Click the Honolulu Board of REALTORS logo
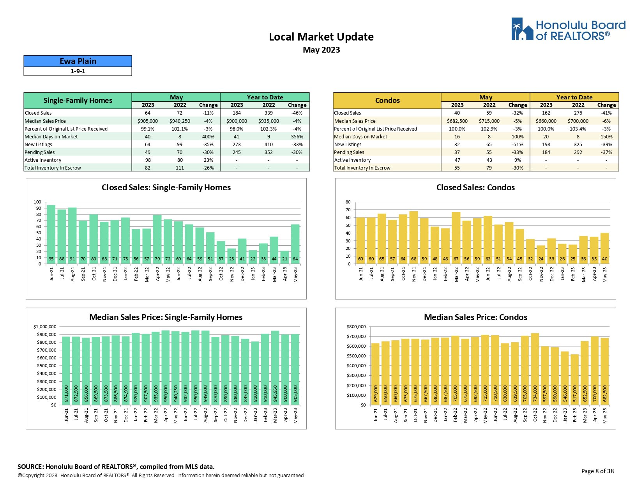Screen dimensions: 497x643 pyautogui.click(x=568, y=30)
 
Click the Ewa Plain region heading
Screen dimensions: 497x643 pyautogui.click(x=78, y=61)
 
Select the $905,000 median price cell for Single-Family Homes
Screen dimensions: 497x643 pyautogui.click(x=148, y=121)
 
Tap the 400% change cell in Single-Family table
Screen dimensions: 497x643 pyautogui.click(x=208, y=137)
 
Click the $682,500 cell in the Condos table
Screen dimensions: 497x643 pyautogui.click(x=457, y=121)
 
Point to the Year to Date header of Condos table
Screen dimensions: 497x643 pyautogui.click(x=574, y=97)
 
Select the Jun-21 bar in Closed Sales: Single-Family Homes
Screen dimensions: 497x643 pyautogui.click(x=51, y=234)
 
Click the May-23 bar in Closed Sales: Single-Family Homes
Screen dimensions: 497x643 pyautogui.click(x=295, y=244)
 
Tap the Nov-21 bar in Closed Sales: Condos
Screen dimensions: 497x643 pyautogui.click(x=413, y=237)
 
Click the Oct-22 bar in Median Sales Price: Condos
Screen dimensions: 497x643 pyautogui.click(x=535, y=369)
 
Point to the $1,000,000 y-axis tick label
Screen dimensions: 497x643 pyautogui.click(x=45, y=327)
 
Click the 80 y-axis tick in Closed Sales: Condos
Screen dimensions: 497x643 pyautogui.click(x=348, y=202)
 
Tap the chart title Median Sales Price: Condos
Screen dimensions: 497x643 pyautogui.click(x=475, y=317)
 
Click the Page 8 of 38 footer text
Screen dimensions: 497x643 pyautogui.click(x=597, y=471)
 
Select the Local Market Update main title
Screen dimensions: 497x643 pyautogui.click(x=321, y=37)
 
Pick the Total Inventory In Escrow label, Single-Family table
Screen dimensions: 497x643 pyautogui.click(x=53, y=168)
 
